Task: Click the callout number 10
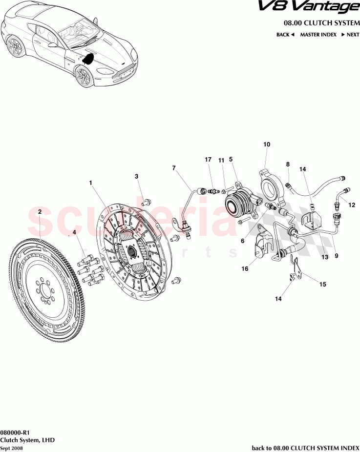tap(267, 144)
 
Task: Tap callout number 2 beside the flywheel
tap(40, 211)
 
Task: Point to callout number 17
tap(208, 160)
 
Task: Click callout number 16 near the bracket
tap(245, 268)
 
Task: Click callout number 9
tap(336, 255)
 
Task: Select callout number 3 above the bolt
tap(137, 176)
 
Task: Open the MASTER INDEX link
tap(318, 35)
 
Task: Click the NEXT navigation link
tap(350, 35)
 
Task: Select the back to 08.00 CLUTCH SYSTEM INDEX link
tap(305, 448)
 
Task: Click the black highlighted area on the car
tap(88, 59)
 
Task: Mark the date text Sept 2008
tap(11, 448)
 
